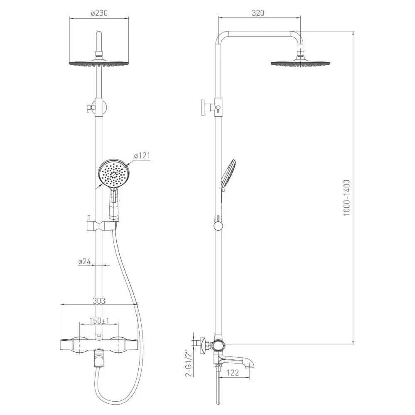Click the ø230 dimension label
(99, 13)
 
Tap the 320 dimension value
(258, 13)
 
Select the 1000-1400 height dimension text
(347, 197)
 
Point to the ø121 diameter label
(142, 156)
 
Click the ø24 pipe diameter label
(85, 261)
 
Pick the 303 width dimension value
(99, 301)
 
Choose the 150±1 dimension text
(99, 321)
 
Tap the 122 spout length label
(233, 373)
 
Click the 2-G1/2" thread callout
(188, 363)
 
